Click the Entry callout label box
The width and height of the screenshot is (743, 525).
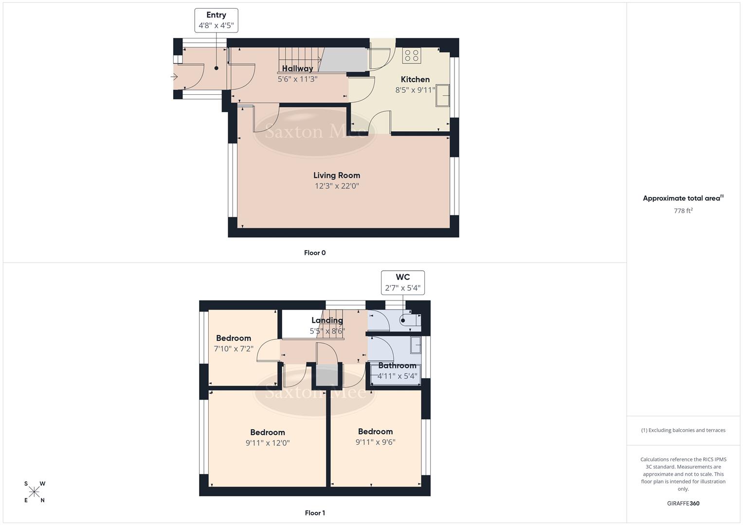click(x=216, y=20)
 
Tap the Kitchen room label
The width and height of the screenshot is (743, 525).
click(x=415, y=79)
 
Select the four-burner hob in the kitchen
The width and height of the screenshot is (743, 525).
click(x=412, y=55)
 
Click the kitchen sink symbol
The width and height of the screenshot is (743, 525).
click(x=443, y=95)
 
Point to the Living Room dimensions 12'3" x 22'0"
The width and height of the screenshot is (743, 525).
click(x=337, y=186)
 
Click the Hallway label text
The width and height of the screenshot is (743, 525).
click(x=297, y=69)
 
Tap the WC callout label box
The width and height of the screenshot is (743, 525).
click(x=403, y=282)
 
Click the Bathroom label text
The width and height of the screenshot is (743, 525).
click(x=397, y=366)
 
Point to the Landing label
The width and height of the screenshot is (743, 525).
click(x=327, y=320)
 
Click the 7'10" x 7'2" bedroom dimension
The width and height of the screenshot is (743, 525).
click(x=234, y=349)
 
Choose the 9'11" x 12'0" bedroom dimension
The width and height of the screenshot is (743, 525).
click(x=268, y=443)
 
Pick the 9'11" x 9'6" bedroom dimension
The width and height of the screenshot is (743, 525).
click(x=375, y=442)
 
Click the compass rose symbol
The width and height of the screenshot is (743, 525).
click(x=34, y=492)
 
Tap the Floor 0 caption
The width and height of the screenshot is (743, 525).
click(x=315, y=253)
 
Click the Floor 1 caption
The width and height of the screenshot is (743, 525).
click(x=315, y=513)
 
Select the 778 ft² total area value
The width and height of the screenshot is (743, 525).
click(x=683, y=210)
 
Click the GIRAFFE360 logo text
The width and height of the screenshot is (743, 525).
click(x=683, y=504)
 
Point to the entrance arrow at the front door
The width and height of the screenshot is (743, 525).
click(x=174, y=77)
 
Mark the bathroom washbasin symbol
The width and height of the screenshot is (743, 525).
click(x=416, y=345)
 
